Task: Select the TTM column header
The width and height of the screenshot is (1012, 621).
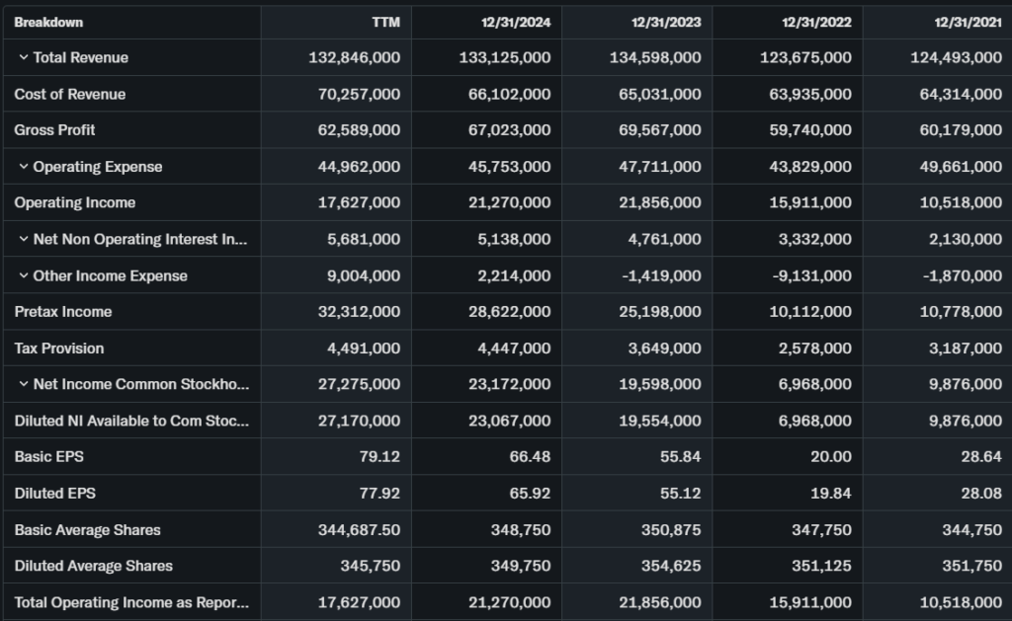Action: click(386, 23)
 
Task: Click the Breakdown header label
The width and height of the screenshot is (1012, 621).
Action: click(48, 23)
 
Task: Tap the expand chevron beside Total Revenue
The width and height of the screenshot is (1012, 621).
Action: click(24, 57)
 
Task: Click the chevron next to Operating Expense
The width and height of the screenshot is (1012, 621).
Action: click(24, 167)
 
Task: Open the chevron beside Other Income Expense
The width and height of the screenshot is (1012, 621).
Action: click(24, 275)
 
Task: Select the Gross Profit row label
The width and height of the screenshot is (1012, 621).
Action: click(54, 130)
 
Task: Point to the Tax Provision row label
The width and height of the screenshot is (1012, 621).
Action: click(58, 349)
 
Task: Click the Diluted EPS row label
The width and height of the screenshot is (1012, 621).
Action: click(54, 493)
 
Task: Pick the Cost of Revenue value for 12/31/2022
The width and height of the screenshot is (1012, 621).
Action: click(806, 94)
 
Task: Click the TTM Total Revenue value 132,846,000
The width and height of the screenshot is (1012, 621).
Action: click(355, 57)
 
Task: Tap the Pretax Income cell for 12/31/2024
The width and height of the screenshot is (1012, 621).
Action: click(505, 312)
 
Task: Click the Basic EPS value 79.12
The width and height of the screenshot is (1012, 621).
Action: click(379, 457)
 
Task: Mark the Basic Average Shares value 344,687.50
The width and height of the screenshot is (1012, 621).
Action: click(359, 530)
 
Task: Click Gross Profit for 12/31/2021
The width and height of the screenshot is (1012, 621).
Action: click(957, 130)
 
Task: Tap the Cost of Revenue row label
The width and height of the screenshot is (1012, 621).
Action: click(69, 94)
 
